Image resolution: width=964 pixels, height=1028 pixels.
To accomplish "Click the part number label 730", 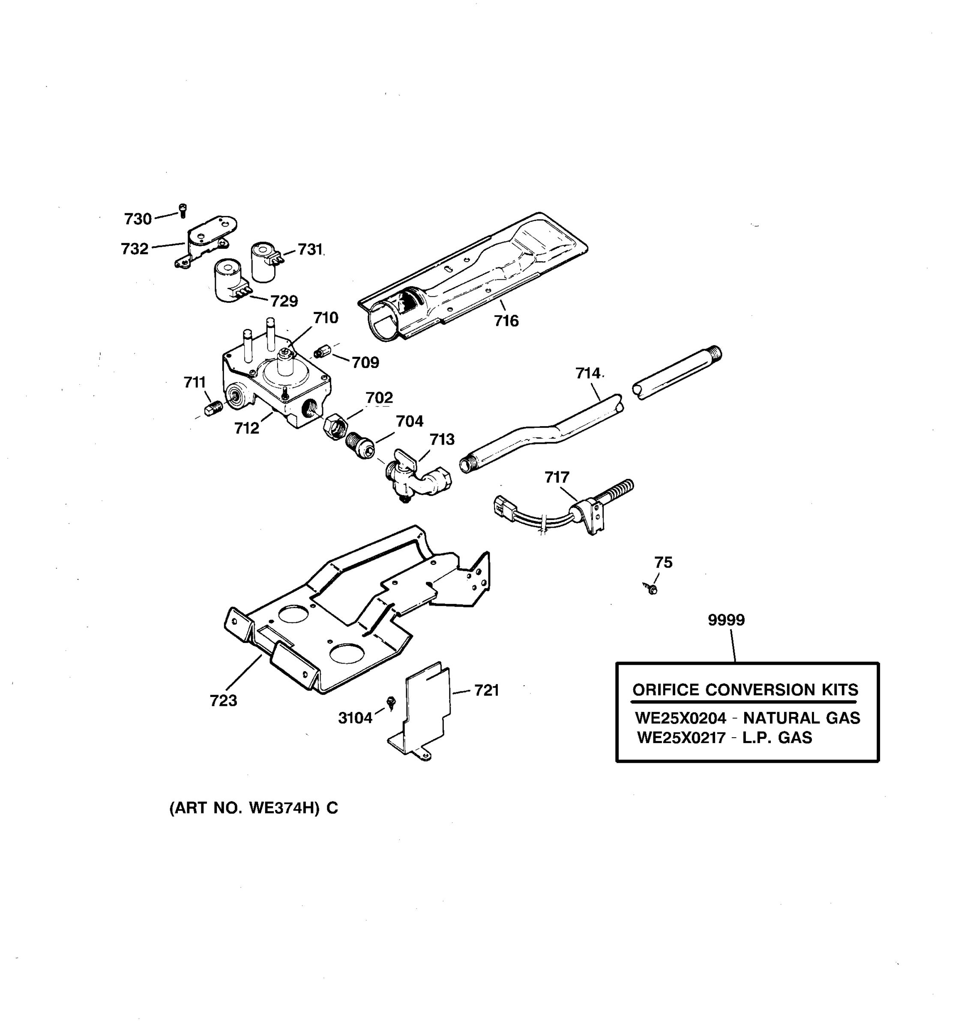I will point(138,219).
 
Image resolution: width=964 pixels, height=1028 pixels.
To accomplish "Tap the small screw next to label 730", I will point(182,210).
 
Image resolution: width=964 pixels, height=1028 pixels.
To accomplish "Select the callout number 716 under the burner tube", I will point(506,321).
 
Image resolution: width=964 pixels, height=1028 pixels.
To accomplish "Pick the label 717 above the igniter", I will point(557,477).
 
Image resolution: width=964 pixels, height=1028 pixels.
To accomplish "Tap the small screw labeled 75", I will point(652,589).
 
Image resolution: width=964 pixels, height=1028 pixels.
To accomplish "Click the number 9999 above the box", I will point(726,619).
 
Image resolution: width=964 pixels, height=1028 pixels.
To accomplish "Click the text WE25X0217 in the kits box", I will point(681,738).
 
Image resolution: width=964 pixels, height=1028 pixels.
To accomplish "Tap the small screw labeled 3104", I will point(392,701).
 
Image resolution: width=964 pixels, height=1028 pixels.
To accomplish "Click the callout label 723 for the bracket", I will point(223,701).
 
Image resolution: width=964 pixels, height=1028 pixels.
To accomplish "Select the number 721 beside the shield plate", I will point(486,690).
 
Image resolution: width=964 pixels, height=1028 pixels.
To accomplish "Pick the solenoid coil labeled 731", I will point(264,262).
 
